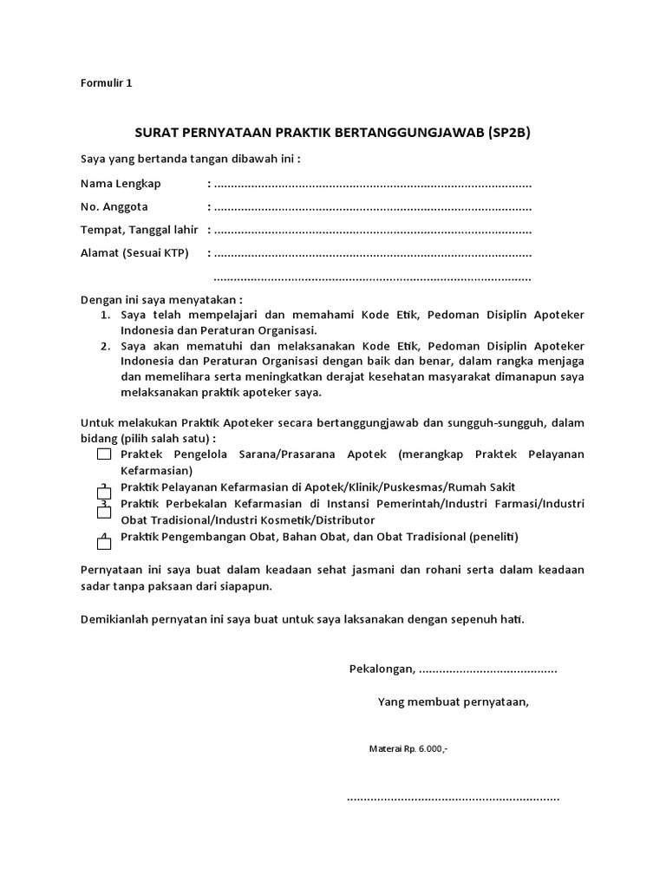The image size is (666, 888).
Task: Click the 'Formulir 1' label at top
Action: coord(106,84)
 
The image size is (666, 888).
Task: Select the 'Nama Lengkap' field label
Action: coord(121,184)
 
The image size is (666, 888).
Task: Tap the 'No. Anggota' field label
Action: coord(114,206)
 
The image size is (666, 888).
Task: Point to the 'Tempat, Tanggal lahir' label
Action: coord(140,230)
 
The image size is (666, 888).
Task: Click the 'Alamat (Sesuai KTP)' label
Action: coord(134,253)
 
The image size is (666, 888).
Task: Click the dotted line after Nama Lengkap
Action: coord(372,185)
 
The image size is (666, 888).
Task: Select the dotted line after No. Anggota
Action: coord(372,207)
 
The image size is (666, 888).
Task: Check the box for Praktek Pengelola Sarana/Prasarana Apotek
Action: coord(104,454)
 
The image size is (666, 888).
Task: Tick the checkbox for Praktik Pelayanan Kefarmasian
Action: coord(104,492)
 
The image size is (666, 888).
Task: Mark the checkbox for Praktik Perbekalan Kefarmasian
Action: coord(104,511)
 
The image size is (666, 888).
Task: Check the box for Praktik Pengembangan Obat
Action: coord(104,543)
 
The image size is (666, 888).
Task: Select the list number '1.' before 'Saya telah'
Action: coord(104,315)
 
